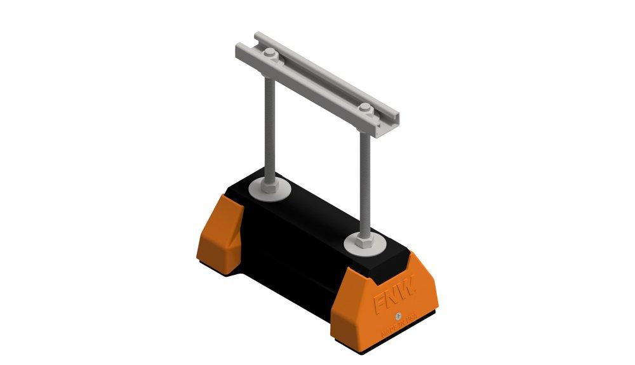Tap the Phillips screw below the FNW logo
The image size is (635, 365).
click(398, 315)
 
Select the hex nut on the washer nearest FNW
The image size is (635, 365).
click(361, 240)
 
